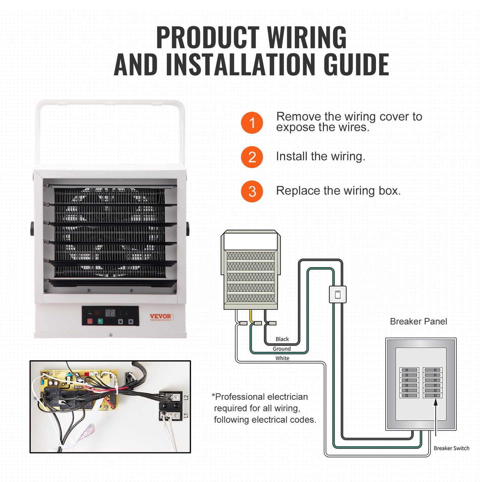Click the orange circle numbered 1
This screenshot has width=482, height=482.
(x=252, y=123)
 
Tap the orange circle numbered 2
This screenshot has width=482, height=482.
(x=252, y=157)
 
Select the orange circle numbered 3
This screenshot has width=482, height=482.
(x=252, y=191)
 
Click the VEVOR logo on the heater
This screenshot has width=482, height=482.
(x=160, y=316)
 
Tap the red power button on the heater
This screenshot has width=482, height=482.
(x=90, y=321)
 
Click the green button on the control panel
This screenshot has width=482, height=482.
(x=100, y=321)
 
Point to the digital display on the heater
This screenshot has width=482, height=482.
(x=110, y=313)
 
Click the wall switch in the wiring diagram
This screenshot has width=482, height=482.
(x=338, y=295)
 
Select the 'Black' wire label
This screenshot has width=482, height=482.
(x=282, y=339)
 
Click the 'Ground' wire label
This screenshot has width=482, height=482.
(x=282, y=349)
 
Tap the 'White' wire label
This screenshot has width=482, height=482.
(x=282, y=358)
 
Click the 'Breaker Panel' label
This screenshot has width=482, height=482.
(x=418, y=322)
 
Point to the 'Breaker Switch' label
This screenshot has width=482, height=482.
(x=451, y=448)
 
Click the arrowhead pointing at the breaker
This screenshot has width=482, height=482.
(x=436, y=403)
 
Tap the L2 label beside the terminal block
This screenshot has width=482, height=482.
(x=186, y=398)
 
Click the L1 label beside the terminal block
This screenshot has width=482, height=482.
(x=186, y=415)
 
